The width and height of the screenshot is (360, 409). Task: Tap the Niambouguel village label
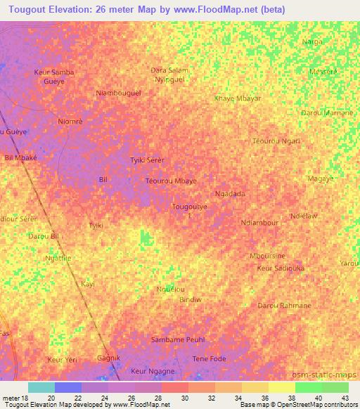pos(118,93)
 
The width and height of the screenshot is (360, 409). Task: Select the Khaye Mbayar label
pos(237,98)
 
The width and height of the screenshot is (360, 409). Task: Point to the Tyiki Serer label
pos(148,160)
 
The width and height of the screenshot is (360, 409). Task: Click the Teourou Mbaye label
pos(171,181)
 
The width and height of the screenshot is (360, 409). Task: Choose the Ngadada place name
pos(230,194)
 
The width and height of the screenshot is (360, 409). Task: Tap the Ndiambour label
pos(259,223)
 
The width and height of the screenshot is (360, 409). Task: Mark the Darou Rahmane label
pos(284,306)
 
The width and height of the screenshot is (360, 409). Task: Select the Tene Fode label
pos(210,359)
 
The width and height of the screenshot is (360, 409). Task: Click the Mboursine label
pos(267,256)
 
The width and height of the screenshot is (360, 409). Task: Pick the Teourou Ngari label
pos(276,141)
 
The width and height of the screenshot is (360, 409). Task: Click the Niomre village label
pos(70,121)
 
